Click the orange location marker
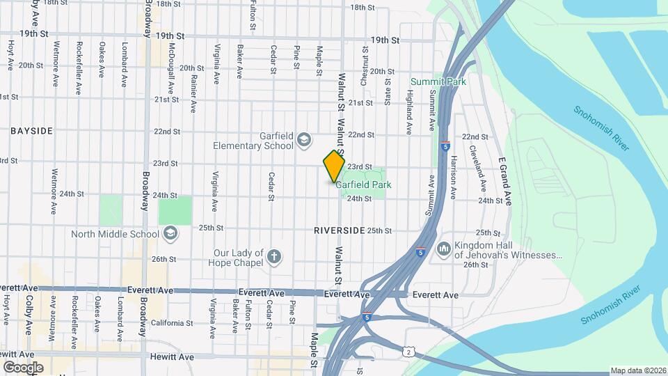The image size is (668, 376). click(334, 166)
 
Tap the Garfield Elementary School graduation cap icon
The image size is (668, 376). click(303, 141)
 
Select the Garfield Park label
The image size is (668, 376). click(363, 185)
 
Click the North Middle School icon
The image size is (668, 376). click(170, 234)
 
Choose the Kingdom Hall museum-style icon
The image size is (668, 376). click(444, 249)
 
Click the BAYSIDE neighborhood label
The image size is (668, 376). click(32, 131)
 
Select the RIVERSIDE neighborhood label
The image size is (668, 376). click(339, 230)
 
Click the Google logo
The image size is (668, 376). click(23, 367)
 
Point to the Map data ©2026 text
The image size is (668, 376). click(637, 370)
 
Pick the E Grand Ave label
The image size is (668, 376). click(506, 181)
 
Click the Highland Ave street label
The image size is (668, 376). click(410, 111)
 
